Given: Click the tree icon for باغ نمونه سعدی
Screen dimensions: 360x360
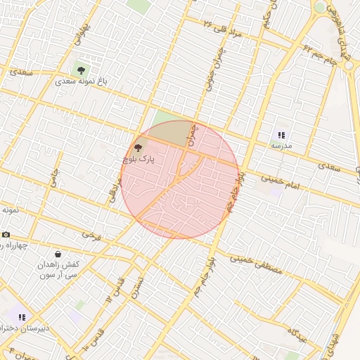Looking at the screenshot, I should (82, 70).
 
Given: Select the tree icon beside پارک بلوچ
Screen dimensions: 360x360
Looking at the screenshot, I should (137, 148).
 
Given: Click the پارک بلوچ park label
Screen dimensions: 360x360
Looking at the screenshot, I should (138, 160).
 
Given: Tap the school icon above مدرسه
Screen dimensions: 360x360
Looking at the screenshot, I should (281, 135).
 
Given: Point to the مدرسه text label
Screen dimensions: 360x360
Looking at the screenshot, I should (281, 146).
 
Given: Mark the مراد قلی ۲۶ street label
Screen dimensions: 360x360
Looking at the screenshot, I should (224, 29).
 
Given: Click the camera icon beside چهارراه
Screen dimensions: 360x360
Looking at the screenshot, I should (6, 235).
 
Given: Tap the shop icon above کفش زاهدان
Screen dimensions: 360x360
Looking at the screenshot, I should (58, 255).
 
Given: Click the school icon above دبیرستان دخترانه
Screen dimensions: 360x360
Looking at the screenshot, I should (22, 317).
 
